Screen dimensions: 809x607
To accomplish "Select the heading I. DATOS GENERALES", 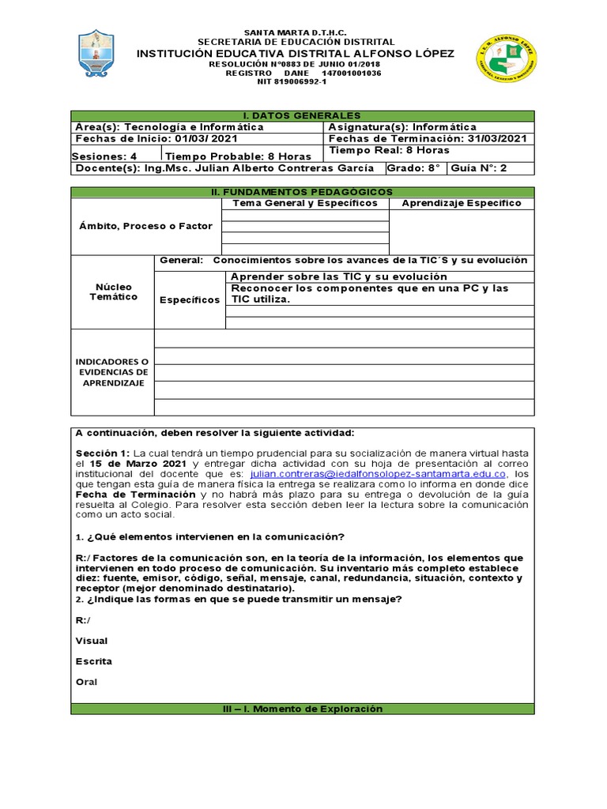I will click(x=303, y=115).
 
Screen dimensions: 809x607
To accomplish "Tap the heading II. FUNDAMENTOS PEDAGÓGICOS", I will click(x=303, y=192).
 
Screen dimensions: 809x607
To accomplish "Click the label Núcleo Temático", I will click(x=112, y=292).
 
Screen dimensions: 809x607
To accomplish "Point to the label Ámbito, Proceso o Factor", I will click(x=145, y=226).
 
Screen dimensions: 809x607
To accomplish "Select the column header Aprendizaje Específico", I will click(x=462, y=203).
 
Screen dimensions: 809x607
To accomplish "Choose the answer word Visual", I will click(x=92, y=641).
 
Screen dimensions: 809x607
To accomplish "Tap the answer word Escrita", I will click(x=93, y=661).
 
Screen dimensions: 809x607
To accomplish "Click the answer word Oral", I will click(x=87, y=682).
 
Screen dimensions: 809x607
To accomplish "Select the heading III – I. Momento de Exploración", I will click(x=303, y=709).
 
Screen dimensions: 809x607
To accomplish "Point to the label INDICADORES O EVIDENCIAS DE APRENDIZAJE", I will click(x=112, y=372).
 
